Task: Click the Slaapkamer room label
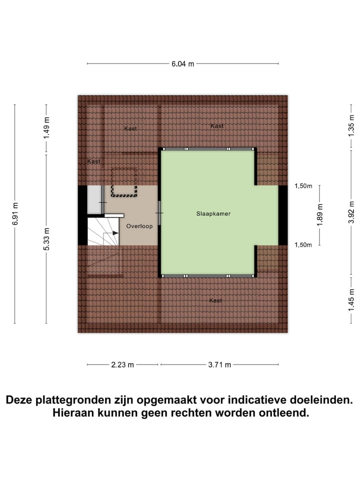tap(213, 213)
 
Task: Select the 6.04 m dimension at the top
tap(182, 64)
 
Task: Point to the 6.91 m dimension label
tap(15, 214)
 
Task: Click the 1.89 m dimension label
tap(320, 214)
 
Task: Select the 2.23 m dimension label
tap(122, 364)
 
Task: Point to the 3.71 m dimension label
tap(219, 364)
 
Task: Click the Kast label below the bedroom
tap(215, 300)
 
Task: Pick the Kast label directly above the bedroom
tap(217, 126)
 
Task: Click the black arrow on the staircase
tap(115, 233)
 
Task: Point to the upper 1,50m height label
tap(303, 186)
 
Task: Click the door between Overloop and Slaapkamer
tap(159, 213)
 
